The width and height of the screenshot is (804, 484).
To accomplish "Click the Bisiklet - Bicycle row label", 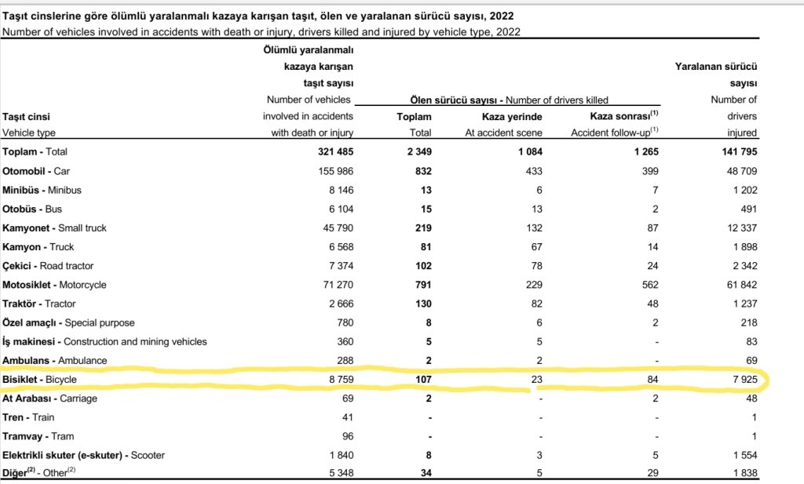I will [39, 379].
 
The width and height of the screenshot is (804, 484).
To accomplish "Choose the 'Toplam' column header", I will [415, 116].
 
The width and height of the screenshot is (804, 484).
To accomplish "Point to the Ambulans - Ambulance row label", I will [52, 360].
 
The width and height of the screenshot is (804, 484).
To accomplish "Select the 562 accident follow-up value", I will [649, 284].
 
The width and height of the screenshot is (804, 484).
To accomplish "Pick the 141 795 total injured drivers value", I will [733, 152].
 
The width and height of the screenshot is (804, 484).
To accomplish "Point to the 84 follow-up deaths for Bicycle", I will [652, 379].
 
